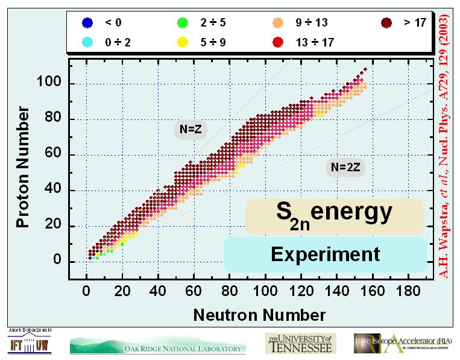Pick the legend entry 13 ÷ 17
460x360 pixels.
tap(310, 42)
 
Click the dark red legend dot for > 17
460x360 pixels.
tap(386, 24)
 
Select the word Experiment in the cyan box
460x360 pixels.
tap(326, 254)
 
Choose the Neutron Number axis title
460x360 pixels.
tap(259, 314)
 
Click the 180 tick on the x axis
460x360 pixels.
tap(410, 290)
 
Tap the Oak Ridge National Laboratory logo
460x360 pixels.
tap(159, 345)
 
